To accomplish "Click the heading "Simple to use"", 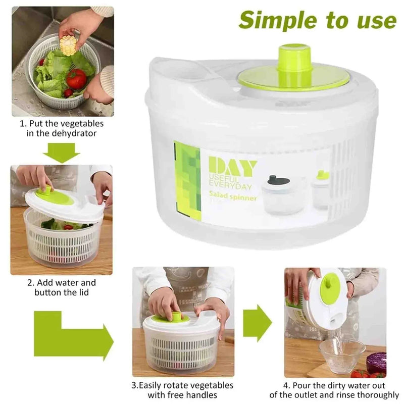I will click(x=318, y=20).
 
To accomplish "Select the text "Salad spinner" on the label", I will click(x=233, y=197).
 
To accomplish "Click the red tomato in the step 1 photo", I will click(x=76, y=79).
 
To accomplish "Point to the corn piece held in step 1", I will click(x=68, y=46).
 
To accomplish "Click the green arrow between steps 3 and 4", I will click(x=257, y=323).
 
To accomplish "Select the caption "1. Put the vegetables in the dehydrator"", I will click(x=62, y=128).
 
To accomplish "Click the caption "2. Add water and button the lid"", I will click(x=62, y=287).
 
